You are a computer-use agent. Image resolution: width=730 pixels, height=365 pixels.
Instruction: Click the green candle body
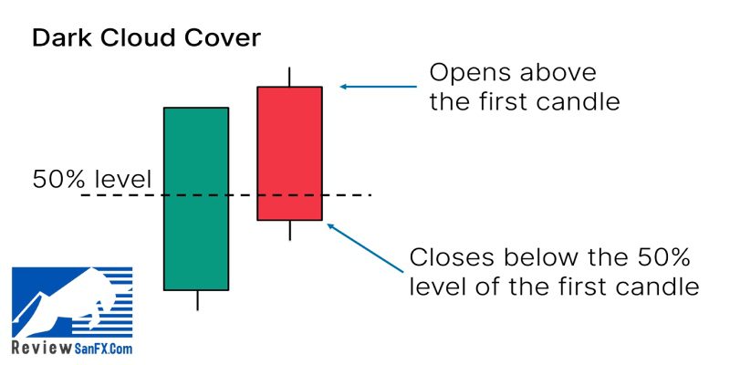click(196, 199)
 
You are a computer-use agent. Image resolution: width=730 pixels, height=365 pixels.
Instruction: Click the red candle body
click(289, 153)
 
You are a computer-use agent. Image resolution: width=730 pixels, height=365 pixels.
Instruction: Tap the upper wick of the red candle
click(289, 77)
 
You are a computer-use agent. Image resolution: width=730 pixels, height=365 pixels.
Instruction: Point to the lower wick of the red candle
click(289, 230)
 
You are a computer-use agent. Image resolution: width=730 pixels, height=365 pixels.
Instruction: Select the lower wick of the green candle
click(197, 300)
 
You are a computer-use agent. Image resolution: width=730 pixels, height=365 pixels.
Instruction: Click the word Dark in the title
click(61, 37)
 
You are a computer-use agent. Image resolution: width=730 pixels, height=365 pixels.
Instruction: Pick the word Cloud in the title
click(139, 37)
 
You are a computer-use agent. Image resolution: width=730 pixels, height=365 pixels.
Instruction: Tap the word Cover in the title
click(224, 38)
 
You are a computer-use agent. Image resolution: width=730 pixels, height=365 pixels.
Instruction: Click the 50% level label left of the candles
click(92, 179)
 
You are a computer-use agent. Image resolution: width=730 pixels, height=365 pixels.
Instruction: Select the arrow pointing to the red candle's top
click(379, 87)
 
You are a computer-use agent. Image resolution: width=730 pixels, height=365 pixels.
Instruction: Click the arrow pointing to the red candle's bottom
click(365, 247)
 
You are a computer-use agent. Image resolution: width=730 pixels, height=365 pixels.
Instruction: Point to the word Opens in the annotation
click(470, 75)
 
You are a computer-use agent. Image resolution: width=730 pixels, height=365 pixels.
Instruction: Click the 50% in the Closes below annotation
click(666, 257)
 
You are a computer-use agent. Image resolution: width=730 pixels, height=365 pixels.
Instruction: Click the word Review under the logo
click(42, 348)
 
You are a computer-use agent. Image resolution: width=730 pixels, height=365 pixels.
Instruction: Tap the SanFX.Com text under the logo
click(103, 349)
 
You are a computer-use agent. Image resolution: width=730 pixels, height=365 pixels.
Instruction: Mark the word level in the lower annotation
click(439, 287)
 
